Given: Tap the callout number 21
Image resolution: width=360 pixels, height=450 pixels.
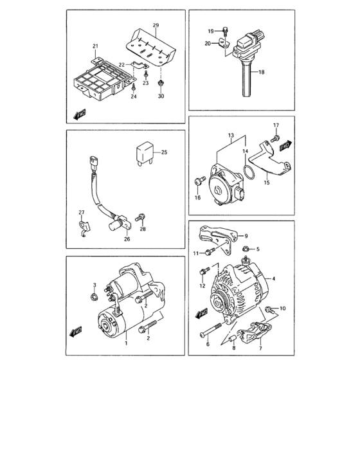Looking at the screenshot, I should pyautogui.click(x=95, y=46).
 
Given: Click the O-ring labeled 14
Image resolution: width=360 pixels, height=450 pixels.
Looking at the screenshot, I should pyautogui.click(x=248, y=173).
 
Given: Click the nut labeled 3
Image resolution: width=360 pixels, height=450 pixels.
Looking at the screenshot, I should pyautogui.click(x=94, y=296).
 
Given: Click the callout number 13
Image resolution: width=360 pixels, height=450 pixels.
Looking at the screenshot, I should pyautogui.click(x=230, y=137).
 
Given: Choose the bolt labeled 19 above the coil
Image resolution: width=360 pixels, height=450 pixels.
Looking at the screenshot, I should pyautogui.click(x=226, y=30).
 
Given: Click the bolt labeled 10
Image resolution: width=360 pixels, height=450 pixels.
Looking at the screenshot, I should pyautogui.click(x=269, y=310).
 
